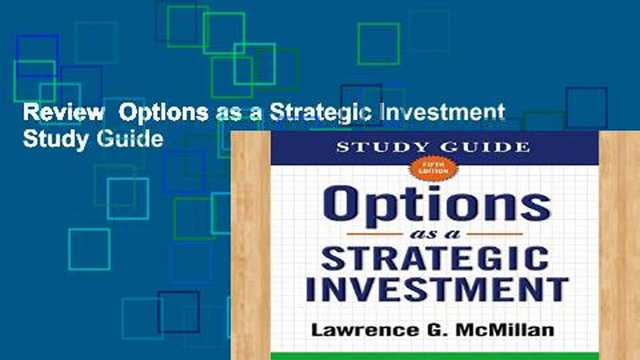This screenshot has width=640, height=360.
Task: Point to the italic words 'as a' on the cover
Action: (x=434, y=233)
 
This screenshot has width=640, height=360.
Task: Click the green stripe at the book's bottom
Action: (x=434, y=356)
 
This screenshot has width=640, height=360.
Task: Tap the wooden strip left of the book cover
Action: (x=250, y=245)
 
